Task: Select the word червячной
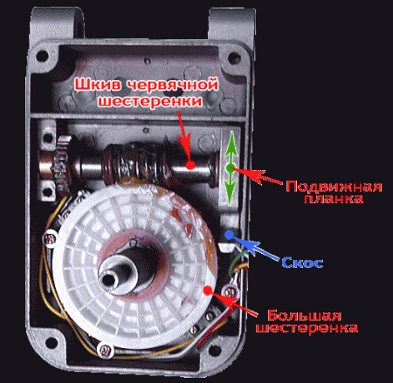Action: (x=173, y=85)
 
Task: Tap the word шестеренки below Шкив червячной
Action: (x=150, y=101)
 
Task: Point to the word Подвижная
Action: (x=334, y=187)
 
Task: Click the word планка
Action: (x=334, y=199)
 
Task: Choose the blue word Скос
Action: (x=302, y=263)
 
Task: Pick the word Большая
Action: (x=304, y=316)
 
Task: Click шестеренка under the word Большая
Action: (x=307, y=328)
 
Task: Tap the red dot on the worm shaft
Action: (x=190, y=165)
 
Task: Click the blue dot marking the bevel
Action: (x=230, y=235)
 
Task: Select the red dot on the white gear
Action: (x=207, y=291)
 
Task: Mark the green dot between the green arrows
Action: (x=231, y=168)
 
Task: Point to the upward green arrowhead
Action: (x=231, y=140)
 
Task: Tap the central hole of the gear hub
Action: (x=108, y=279)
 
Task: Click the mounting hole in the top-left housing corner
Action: (x=43, y=56)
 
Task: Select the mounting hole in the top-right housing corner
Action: (x=234, y=58)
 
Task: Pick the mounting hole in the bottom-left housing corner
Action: (x=52, y=342)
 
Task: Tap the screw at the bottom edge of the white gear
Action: (x=106, y=351)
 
